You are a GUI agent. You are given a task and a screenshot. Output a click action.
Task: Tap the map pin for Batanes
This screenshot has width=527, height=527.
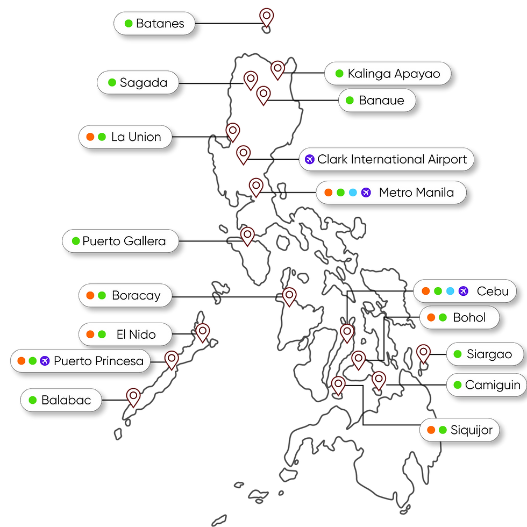pos(267,17)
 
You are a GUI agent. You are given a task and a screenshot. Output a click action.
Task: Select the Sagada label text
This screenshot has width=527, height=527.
pos(144,83)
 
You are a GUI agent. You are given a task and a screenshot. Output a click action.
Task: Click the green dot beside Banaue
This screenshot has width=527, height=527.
pos(350,100)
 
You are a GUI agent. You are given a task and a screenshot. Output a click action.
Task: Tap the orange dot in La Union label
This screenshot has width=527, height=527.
pos(90,137)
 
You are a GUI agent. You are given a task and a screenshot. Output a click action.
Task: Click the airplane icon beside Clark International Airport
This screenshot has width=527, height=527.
pos(309,159)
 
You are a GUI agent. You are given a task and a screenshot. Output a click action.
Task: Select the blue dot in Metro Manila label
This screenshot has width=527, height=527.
pos(353,193)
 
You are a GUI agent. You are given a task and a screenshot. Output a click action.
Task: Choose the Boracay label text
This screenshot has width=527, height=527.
pos(136,295)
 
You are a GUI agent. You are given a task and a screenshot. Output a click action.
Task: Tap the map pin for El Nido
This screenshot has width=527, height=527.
pos(203,333)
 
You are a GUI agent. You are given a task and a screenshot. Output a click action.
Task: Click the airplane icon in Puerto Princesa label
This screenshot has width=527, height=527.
pos(45,361)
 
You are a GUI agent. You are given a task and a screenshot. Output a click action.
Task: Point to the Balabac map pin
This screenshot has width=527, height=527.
pos(133,397)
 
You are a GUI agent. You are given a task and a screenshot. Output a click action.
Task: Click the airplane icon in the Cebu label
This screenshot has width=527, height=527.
pos(463,291)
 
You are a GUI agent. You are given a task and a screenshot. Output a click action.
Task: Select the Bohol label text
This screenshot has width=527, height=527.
pos(469,317)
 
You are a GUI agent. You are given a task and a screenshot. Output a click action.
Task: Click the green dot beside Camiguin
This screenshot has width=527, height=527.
pos(458,385)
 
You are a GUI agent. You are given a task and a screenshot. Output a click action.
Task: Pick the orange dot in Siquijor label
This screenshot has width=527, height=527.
pos(431,430)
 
